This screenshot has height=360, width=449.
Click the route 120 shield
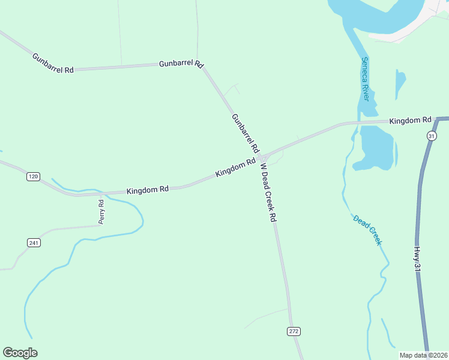[x=33, y=176]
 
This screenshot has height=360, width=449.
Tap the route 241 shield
[x=34, y=242]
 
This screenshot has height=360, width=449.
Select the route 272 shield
[x=293, y=331]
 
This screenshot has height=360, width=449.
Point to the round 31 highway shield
[x=431, y=137]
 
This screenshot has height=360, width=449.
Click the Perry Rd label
[x=101, y=212]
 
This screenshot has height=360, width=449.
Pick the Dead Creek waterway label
[x=367, y=230]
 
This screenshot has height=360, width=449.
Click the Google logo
[x=20, y=353]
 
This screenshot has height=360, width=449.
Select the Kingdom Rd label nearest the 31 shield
[x=411, y=121]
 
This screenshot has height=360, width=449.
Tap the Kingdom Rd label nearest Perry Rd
[x=148, y=190]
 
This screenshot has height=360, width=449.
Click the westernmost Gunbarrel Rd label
[x=53, y=62]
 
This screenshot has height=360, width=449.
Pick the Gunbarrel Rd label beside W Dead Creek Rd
[x=245, y=133]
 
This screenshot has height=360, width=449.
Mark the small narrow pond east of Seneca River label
[x=400, y=83]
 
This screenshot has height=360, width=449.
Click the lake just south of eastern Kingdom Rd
[x=376, y=147]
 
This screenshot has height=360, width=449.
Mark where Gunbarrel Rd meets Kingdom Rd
[x=262, y=157]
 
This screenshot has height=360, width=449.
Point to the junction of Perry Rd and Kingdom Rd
[x=101, y=194]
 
